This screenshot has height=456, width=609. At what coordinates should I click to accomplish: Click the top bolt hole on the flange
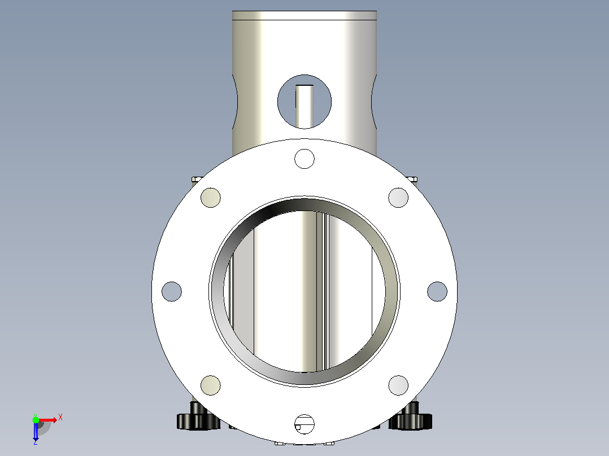coord(304,159)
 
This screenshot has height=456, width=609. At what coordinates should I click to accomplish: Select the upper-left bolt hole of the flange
coord(211,198)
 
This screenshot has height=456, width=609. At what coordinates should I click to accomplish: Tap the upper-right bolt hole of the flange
coord(398,198)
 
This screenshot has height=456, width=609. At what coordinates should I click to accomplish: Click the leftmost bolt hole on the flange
coord(172,291)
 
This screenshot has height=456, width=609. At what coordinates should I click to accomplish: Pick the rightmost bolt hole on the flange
coord(437,291)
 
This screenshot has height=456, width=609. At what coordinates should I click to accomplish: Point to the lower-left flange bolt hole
coord(211,385)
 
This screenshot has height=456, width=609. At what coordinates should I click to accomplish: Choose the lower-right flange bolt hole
coord(398,385)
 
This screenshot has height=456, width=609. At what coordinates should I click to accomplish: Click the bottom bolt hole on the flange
coord(304,424)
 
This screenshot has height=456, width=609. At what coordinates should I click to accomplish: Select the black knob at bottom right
coord(412,417)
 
